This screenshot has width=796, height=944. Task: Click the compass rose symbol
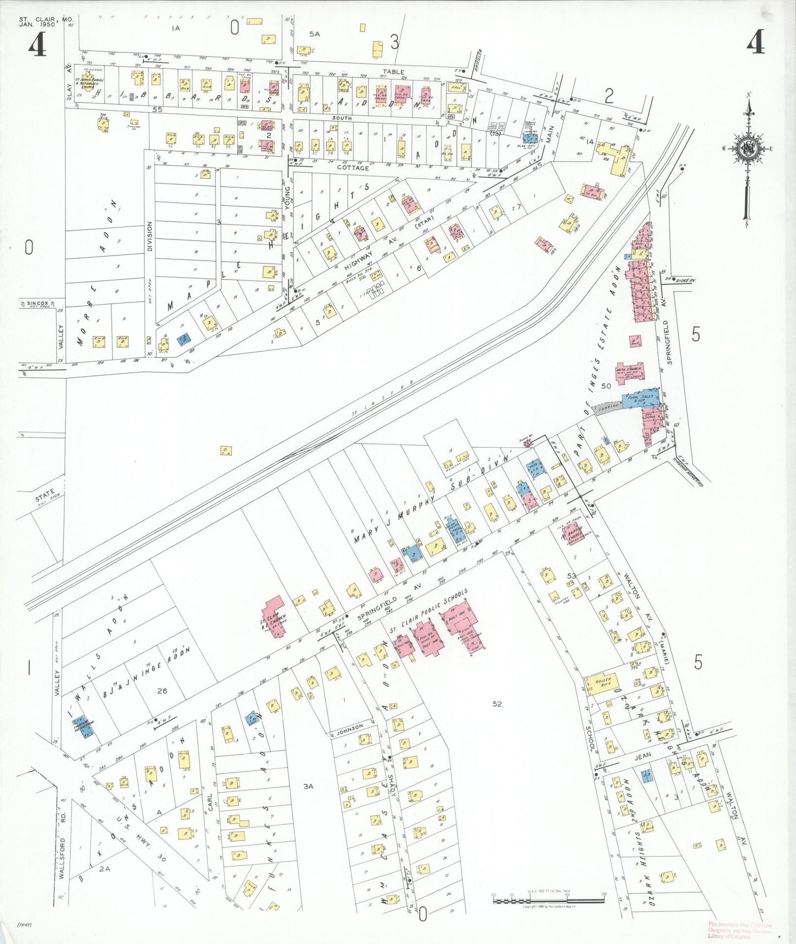(748, 149)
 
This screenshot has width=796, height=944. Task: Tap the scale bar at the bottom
(549, 901)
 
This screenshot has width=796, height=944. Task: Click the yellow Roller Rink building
(600, 684)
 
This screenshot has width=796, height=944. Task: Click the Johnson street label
(350, 728)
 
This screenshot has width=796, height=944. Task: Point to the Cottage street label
(353, 168)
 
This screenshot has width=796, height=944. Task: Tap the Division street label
(149, 237)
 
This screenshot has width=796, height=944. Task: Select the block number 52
(497, 704)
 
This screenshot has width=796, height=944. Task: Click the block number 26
(161, 691)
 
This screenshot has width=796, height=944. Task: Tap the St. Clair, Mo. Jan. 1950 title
(45, 22)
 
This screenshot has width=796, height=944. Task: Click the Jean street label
(642, 756)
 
